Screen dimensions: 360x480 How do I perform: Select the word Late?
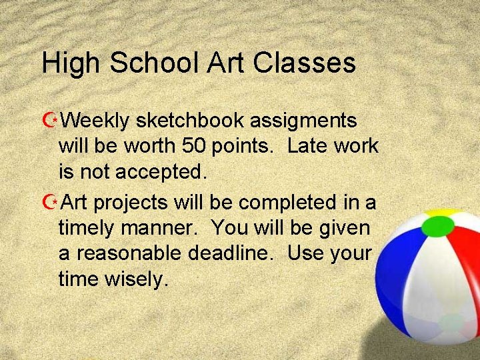click(306, 146)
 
